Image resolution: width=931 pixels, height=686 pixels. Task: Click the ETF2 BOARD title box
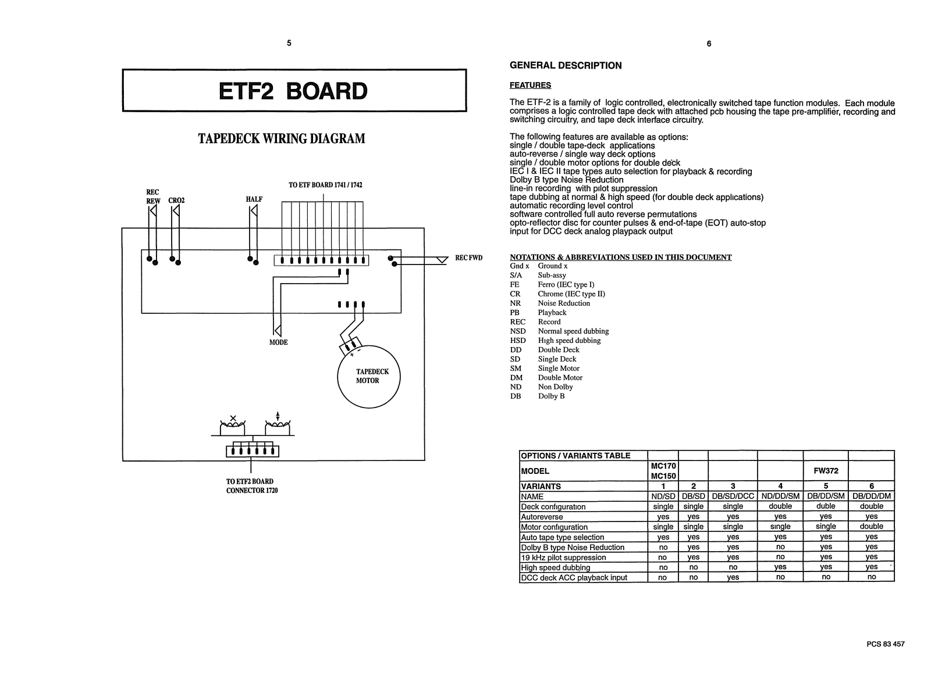294,91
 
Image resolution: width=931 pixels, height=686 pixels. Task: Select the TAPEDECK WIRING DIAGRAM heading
282,139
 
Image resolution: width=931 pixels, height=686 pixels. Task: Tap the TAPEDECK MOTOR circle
369,377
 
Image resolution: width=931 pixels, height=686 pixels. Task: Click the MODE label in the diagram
278,342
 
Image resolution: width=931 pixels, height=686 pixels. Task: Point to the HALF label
254,199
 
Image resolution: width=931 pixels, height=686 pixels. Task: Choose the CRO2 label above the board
176,201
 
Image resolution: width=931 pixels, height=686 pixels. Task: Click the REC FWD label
468,258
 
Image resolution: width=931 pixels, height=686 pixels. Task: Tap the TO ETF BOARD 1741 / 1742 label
325,185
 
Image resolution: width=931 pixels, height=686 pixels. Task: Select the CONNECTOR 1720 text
252,490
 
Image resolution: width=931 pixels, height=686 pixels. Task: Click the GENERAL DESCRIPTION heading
566,66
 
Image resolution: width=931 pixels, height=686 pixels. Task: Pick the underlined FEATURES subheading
530,85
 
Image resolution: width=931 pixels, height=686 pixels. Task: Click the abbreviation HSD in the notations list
517,341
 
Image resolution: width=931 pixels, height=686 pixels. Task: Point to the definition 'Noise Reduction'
563,303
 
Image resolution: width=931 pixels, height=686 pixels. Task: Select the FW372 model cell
826,471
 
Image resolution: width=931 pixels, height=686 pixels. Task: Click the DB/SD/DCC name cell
733,496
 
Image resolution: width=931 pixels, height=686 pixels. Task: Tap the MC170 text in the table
663,466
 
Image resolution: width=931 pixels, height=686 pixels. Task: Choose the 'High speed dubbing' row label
555,568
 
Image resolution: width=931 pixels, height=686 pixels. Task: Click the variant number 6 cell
871,486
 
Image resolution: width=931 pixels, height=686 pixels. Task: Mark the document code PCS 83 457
885,644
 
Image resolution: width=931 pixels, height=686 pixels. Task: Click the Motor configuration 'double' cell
871,527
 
